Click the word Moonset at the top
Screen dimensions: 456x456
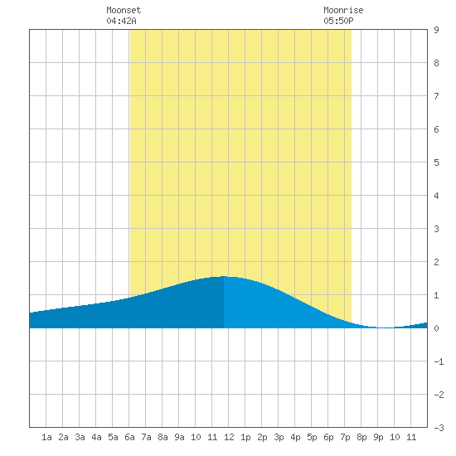tap(124, 10)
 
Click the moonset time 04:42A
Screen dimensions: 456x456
tap(121, 21)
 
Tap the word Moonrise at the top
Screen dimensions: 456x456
tap(343, 10)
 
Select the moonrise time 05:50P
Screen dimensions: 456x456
tap(338, 21)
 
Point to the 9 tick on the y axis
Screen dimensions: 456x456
tap(436, 30)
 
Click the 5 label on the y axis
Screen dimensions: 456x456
tap(436, 163)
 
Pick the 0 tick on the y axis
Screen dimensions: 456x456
tap(436, 328)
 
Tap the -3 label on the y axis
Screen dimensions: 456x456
tap(439, 428)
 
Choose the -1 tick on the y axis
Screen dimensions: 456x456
tap(439, 361)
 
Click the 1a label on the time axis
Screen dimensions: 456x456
tap(46, 437)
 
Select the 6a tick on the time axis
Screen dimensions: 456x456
tap(129, 437)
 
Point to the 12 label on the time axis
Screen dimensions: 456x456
tap(229, 437)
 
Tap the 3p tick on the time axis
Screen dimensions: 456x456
tap(279, 437)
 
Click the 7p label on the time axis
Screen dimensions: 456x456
tap(345, 437)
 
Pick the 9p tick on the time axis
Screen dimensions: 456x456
tap(378, 437)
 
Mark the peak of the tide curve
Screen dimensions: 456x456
tap(224, 276)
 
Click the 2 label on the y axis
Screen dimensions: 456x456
tap(436, 262)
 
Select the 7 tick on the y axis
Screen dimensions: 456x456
tap(436, 96)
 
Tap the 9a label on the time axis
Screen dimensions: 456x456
tap(179, 437)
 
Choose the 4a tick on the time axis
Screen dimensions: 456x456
tap(96, 437)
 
